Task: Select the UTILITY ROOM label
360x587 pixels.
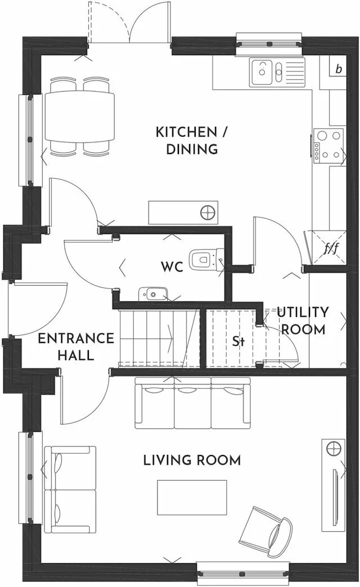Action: click(x=302, y=320)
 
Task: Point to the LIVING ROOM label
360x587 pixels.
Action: click(x=192, y=460)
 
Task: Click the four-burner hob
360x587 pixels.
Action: click(x=329, y=145)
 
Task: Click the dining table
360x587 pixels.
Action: click(x=79, y=116)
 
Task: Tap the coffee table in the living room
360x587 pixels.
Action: click(x=192, y=497)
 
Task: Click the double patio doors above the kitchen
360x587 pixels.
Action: click(x=129, y=22)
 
